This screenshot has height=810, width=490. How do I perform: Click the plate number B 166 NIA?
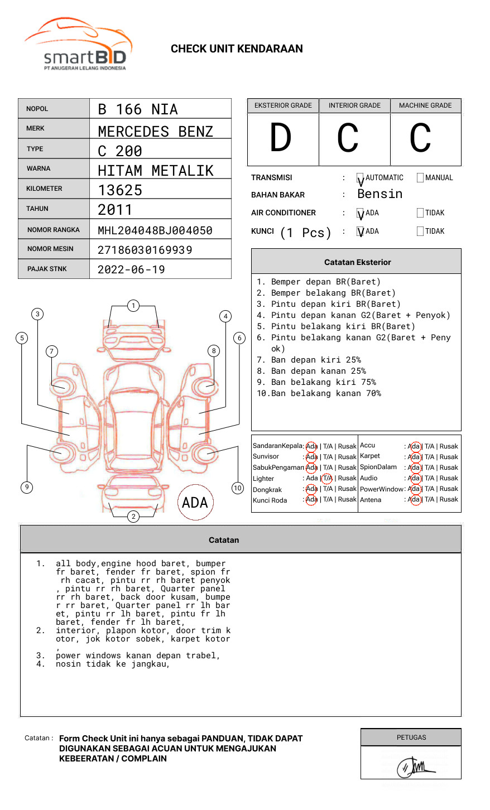coord(137,109)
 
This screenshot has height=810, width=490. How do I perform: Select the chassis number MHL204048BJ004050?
coord(155,230)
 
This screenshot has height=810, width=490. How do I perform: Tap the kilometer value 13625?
coord(120,190)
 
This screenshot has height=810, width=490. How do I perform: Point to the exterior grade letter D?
coord(281,138)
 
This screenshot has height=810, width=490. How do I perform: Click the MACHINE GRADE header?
coord(425,105)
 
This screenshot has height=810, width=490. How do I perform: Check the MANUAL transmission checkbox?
coord(420,178)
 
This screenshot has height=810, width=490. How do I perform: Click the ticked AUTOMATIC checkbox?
coord(361,179)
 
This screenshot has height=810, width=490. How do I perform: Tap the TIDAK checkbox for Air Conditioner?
coord(420,213)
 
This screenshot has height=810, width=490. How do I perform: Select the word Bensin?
coord(379,194)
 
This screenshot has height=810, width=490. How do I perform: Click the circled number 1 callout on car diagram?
coord(133,306)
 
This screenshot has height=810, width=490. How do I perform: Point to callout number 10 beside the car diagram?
coord(238,488)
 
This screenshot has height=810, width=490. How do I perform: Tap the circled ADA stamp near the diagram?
coord(195,503)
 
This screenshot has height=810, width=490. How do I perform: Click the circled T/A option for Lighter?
coord(327,478)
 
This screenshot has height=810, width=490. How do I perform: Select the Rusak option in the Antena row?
coord(449,499)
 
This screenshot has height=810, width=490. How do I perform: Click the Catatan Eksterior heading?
coord(357,262)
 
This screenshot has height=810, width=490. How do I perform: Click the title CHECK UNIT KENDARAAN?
coord(237,49)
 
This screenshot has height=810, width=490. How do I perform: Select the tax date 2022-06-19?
coord(131,269)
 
